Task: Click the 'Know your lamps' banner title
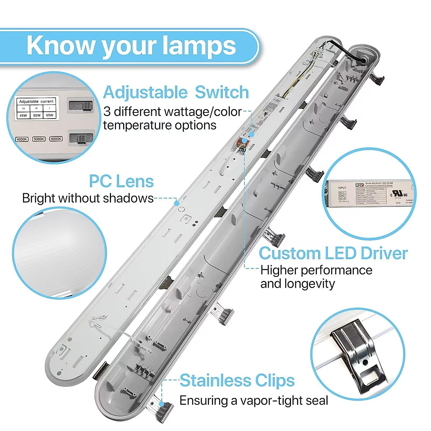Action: click(x=131, y=46)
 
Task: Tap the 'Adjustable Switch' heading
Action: click(x=176, y=92)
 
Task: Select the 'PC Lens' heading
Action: click(x=121, y=181)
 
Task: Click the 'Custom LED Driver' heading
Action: click(x=333, y=253)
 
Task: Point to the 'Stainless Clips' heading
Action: click(x=237, y=380)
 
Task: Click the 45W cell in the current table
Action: click(x=23, y=115)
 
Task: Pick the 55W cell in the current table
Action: click(x=37, y=115)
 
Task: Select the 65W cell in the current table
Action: click(x=50, y=115)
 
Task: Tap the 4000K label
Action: click(x=22, y=139)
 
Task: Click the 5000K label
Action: click(x=39, y=139)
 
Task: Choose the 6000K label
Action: click(x=56, y=139)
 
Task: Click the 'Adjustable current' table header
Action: click(x=36, y=101)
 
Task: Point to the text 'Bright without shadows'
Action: click(x=88, y=198)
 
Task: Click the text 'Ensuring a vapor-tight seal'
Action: click(x=254, y=400)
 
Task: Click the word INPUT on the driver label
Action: click(x=342, y=188)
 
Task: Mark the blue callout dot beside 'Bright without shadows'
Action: click(x=176, y=203)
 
